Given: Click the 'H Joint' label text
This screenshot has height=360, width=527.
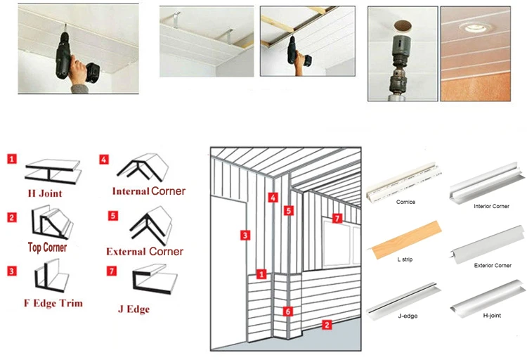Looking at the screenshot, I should [46, 193].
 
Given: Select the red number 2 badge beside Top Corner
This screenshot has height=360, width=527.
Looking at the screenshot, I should [12, 217].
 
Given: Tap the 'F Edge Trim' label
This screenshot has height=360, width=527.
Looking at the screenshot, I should [53, 303].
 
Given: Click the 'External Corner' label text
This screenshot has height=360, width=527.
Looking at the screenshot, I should [145, 251].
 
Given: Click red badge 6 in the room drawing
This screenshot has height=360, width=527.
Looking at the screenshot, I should [287, 310].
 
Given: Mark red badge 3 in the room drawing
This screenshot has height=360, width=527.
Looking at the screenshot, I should [245, 235].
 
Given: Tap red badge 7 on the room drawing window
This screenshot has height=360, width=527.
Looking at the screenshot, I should [337, 219].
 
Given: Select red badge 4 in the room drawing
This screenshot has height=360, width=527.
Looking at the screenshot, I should [273, 198].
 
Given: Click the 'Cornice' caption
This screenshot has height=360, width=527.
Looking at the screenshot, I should [405, 202].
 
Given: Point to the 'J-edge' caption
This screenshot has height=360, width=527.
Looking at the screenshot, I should [407, 316].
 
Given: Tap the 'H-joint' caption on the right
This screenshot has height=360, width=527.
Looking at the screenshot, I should [490, 316].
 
